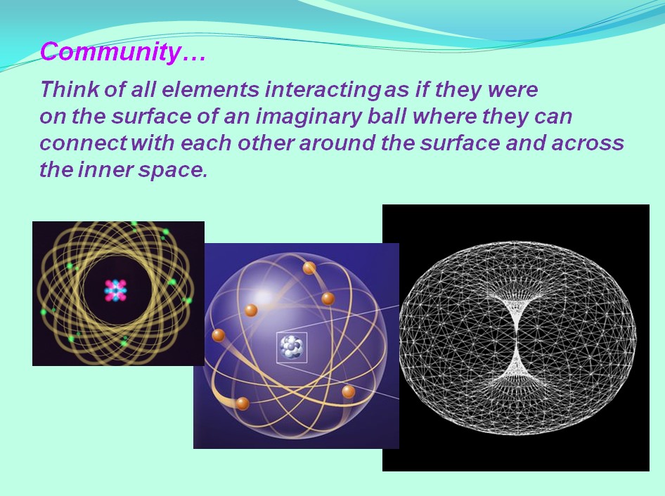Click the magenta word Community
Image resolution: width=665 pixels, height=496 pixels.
[110, 53]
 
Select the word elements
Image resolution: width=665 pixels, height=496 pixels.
[211, 89]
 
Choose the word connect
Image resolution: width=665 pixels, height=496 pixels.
[83, 143]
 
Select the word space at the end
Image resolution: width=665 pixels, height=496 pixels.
[173, 171]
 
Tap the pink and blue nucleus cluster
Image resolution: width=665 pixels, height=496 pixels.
[115, 290]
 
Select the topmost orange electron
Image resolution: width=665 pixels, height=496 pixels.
[309, 268]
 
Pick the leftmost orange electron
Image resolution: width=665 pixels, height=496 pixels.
[219, 335]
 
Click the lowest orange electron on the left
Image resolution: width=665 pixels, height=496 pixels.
[243, 403]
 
